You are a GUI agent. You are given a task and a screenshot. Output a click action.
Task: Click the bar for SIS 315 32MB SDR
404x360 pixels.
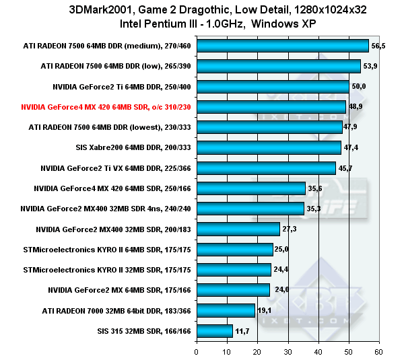pyautogui.click(x=214, y=331)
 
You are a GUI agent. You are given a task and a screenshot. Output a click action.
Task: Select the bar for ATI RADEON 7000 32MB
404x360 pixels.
pyautogui.click(x=226, y=310)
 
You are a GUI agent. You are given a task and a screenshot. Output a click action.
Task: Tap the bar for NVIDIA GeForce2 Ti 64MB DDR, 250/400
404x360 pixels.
pyautogui.click(x=272, y=87)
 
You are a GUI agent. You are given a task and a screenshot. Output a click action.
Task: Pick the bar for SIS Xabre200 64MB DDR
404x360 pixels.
pyautogui.click(x=268, y=147)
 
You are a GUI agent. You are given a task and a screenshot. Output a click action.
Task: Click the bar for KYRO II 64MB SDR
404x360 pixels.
pyautogui.click(x=234, y=250)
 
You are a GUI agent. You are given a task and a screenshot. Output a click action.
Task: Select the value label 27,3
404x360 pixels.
pyautogui.click(x=290, y=229)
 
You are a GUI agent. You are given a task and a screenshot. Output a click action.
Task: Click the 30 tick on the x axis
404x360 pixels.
pyautogui.click(x=288, y=352)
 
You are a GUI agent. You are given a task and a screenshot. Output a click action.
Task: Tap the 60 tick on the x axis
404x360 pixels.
pyautogui.click(x=379, y=352)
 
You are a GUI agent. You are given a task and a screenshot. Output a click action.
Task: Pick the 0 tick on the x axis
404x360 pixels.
pyautogui.click(x=197, y=352)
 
